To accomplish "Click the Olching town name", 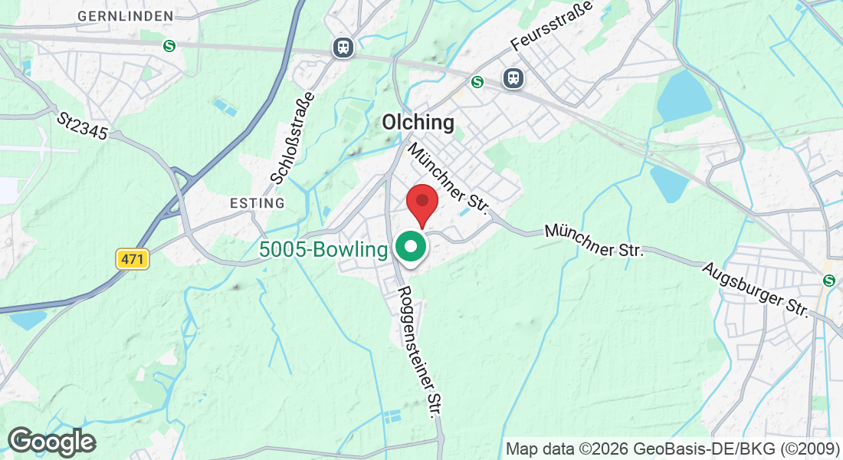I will click(418, 123).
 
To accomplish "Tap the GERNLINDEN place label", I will click(126, 15).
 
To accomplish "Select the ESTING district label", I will click(257, 203).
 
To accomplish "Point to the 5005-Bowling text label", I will click(324, 250).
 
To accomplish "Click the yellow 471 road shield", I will click(133, 259).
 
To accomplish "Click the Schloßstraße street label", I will click(294, 139).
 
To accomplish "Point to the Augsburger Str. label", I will click(756, 289).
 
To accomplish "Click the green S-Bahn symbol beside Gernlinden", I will click(169, 46).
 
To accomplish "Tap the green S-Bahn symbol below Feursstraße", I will click(478, 81).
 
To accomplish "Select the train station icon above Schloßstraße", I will click(343, 48).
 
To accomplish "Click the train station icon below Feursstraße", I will click(513, 77).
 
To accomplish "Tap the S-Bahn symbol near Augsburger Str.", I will click(828, 281).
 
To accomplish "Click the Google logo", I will click(51, 442).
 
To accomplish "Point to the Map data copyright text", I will click(673, 449).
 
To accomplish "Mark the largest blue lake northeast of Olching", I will click(684, 97).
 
